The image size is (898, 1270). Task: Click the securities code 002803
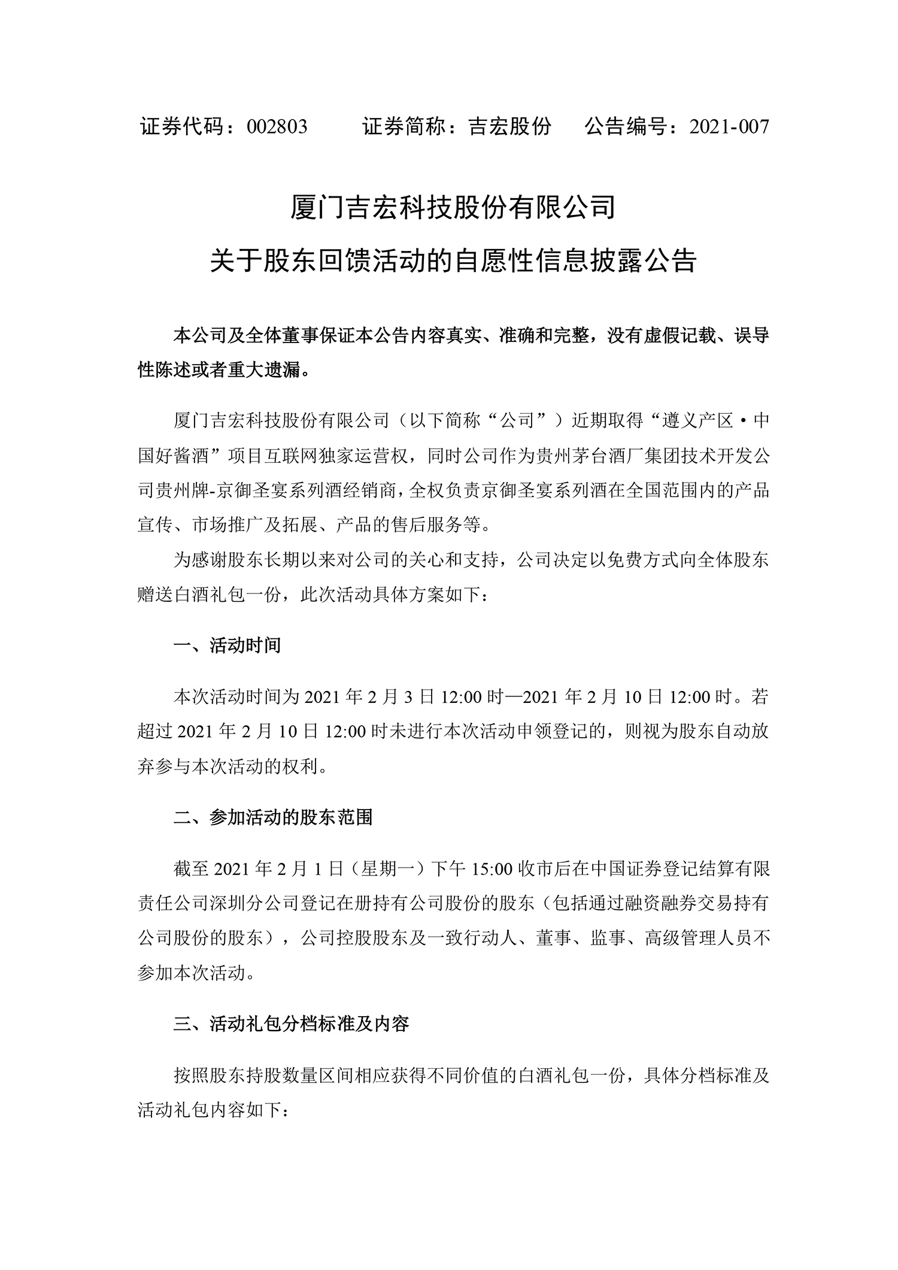tap(277, 127)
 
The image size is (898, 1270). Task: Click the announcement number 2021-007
tap(729, 127)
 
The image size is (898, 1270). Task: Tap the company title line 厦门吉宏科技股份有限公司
tap(453, 208)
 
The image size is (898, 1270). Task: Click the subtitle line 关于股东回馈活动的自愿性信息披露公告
tap(453, 262)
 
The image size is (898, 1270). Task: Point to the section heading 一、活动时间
tap(227, 645)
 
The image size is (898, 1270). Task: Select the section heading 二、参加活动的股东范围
tap(273, 817)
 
